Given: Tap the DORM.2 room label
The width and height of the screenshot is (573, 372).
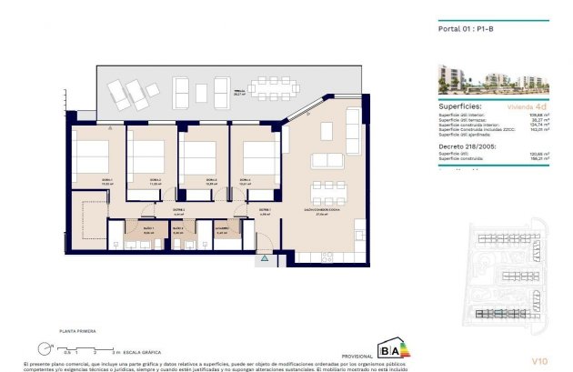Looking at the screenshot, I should [x=156, y=180].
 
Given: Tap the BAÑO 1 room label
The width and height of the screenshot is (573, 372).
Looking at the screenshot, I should [x=148, y=228].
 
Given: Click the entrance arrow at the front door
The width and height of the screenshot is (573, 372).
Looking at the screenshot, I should [x=265, y=259].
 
